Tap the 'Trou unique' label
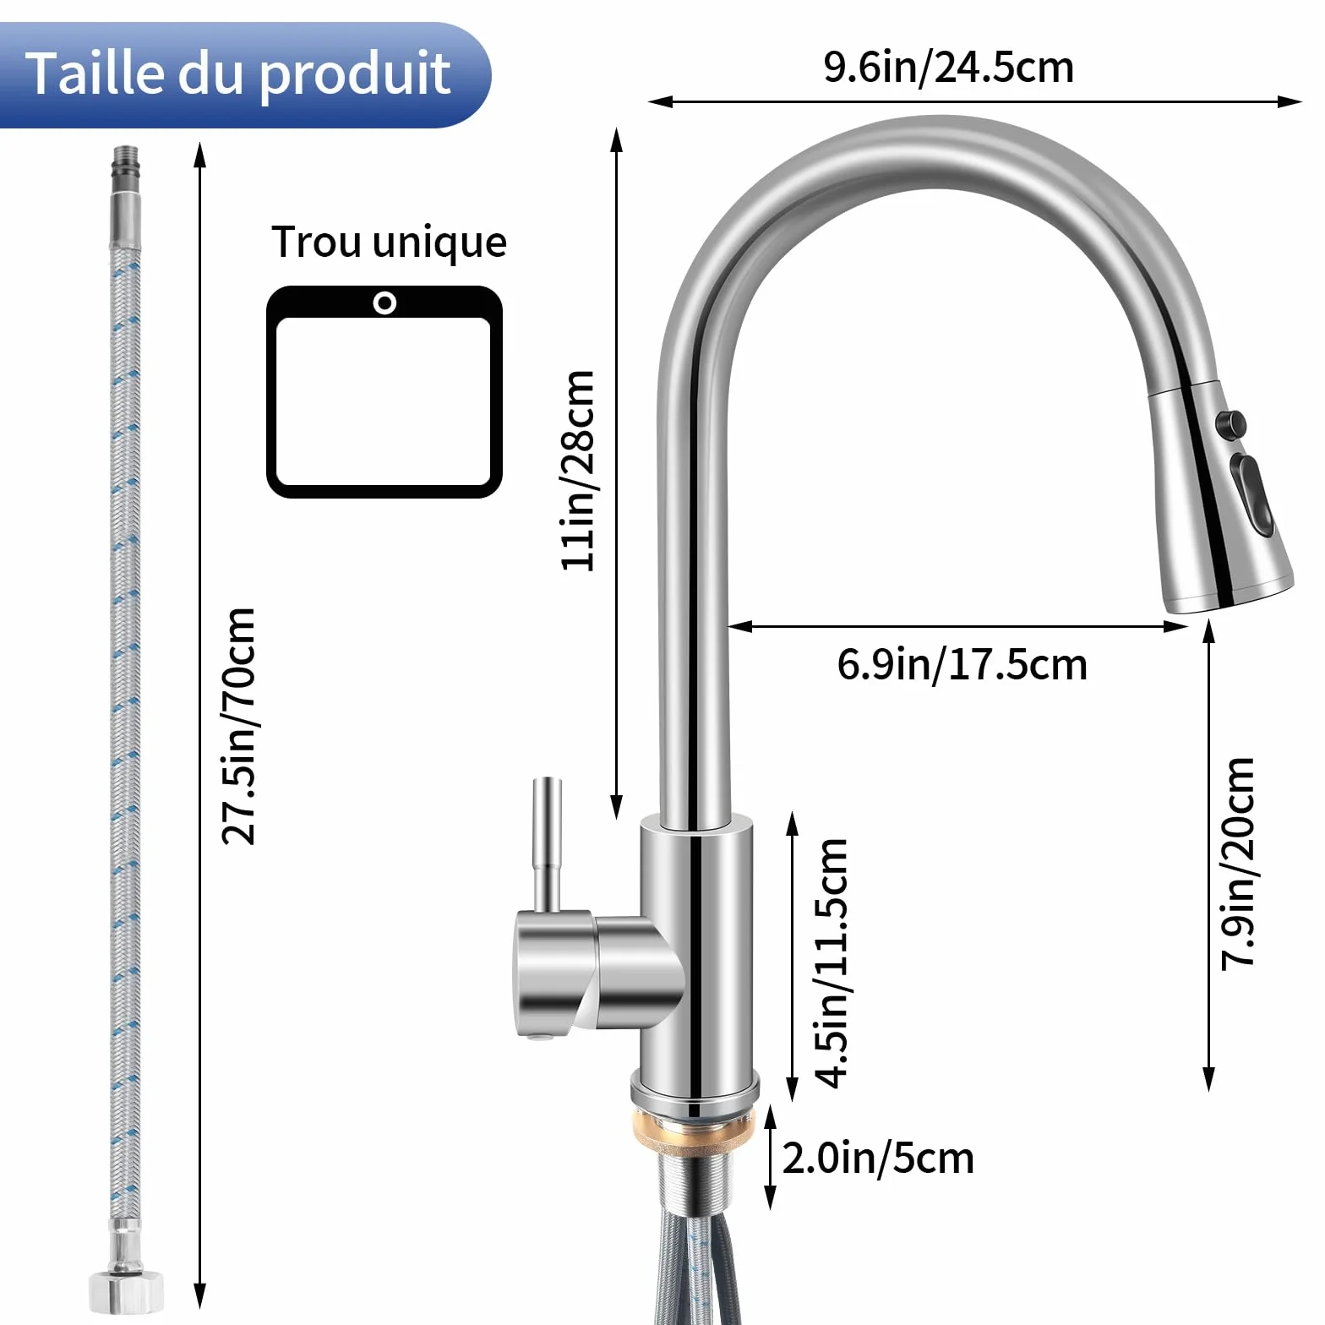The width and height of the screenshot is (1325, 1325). (389, 243)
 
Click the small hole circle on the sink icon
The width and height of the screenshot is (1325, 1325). (384, 303)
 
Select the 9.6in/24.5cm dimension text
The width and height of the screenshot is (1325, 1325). (949, 68)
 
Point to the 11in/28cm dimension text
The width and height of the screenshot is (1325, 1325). (580, 471)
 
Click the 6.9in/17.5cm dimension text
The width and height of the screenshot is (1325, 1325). (962, 664)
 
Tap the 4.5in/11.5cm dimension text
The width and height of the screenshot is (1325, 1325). (831, 963)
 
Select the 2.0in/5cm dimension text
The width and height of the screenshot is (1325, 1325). (878, 1158)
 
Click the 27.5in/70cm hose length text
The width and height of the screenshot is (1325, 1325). (238, 726)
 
